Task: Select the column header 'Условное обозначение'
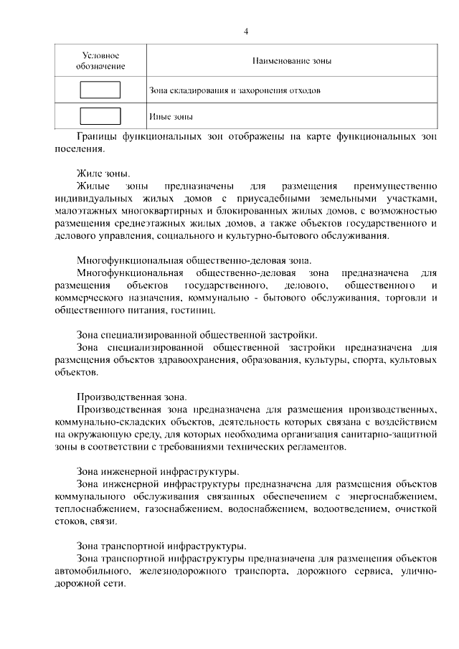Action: tap(100, 61)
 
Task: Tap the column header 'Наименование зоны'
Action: tap(290, 62)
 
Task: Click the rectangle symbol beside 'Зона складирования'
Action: tap(100, 90)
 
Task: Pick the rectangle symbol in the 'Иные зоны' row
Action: tap(100, 115)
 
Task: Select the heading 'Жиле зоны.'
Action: tap(103, 174)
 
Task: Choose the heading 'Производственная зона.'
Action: tap(131, 397)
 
